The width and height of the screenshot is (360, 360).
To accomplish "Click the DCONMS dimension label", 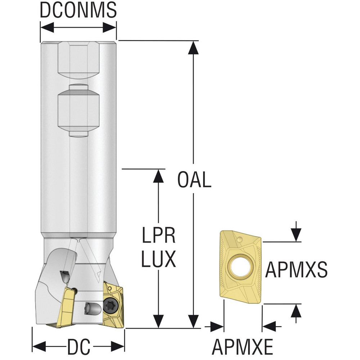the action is click(x=78, y=10).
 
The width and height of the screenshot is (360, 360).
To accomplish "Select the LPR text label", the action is click(x=158, y=235).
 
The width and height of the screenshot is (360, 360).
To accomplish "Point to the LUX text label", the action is click(x=158, y=259).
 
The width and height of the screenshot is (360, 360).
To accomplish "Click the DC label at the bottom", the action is click(x=78, y=346).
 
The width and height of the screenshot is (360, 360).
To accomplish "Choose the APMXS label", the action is click(x=296, y=270).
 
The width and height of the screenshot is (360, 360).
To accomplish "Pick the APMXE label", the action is click(x=242, y=347).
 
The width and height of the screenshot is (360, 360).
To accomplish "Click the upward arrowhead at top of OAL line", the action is click(x=193, y=48).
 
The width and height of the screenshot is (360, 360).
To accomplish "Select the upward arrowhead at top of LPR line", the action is click(x=158, y=176).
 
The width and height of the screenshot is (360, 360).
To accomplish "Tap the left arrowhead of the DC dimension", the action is click(x=39, y=346).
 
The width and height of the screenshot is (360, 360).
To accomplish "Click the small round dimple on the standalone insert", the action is click(x=240, y=240).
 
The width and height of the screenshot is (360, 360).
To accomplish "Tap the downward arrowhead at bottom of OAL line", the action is click(x=193, y=321).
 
